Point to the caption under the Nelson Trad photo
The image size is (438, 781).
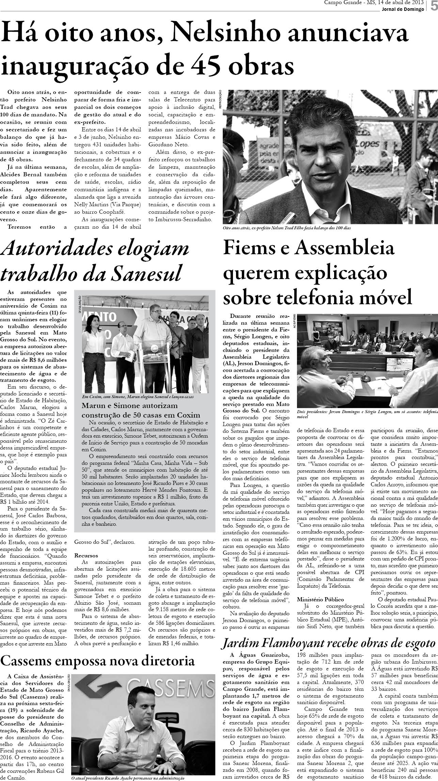[286, 228]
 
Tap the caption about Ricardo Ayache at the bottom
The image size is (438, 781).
[128, 778]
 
